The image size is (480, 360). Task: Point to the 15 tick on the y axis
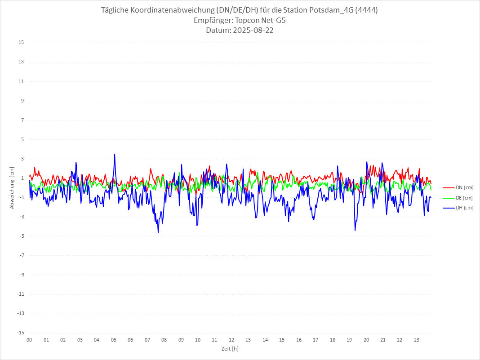click(x=21, y=43)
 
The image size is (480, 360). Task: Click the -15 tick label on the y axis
click(x=20, y=333)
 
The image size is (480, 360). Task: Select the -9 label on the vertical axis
click(x=21, y=275)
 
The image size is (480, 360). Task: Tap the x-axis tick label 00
click(x=29, y=340)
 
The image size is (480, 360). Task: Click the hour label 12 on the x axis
click(x=231, y=340)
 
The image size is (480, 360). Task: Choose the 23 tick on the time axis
click(x=417, y=340)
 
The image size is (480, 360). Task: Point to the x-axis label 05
click(x=113, y=340)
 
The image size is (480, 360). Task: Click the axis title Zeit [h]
click(x=230, y=349)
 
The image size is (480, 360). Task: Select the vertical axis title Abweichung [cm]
click(x=12, y=188)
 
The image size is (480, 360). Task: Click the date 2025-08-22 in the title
click(x=240, y=31)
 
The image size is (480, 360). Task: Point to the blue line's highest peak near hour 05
click(x=115, y=154)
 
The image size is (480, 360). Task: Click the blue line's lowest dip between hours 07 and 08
click(x=158, y=232)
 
